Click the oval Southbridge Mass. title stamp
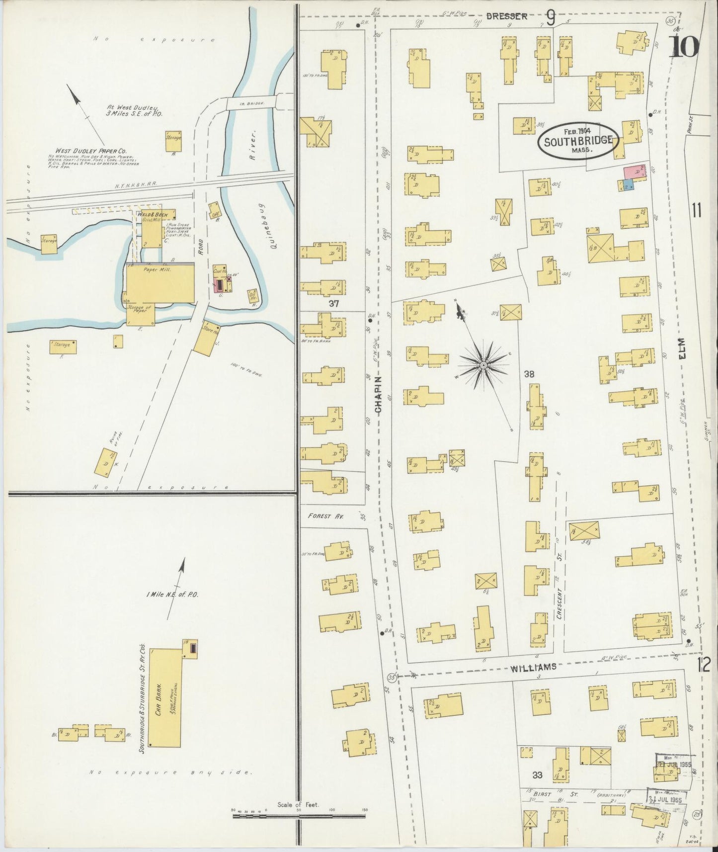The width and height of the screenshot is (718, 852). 578,141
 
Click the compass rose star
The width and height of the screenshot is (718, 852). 482,366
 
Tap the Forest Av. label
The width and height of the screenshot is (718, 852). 326,516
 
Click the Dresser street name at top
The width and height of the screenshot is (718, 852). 506,16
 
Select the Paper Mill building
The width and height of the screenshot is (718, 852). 160,283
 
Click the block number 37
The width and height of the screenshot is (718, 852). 333,303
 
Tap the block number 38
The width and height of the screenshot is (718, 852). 530,374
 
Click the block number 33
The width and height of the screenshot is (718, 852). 537,775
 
